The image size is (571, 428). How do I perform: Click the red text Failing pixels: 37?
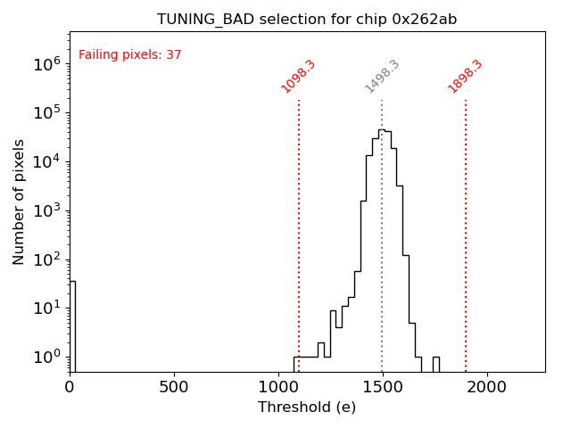(x=130, y=55)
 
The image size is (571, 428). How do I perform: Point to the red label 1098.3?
(x=299, y=77)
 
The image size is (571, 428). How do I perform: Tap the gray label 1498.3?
(x=382, y=77)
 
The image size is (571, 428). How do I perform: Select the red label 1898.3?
(x=466, y=77)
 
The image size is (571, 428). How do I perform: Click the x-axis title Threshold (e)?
(x=307, y=407)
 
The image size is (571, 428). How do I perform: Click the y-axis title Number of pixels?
(x=20, y=202)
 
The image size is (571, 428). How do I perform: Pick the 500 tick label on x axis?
(x=174, y=388)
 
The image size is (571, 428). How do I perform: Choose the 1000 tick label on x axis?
(x=278, y=388)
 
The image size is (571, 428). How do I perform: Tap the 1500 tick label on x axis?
(x=383, y=388)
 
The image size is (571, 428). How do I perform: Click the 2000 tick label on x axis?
(x=487, y=388)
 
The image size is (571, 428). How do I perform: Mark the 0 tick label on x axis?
(x=70, y=388)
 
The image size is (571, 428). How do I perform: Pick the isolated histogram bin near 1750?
(x=435, y=364)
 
